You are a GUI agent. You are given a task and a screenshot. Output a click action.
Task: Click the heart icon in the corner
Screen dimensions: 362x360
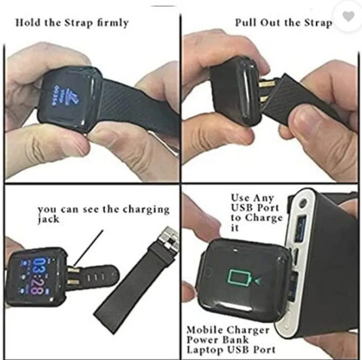[x=348, y=17]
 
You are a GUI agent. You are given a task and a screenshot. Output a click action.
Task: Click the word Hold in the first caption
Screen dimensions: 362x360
[x=29, y=23]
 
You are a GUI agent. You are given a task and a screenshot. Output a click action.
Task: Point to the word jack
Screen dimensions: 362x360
[x=48, y=219]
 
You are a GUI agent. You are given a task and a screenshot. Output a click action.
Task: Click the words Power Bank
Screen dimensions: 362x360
[x=218, y=340]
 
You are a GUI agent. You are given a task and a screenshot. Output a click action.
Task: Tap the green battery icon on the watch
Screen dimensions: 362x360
[x=239, y=277]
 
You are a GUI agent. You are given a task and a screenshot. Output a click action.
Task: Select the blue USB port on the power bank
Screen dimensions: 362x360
[x=301, y=229]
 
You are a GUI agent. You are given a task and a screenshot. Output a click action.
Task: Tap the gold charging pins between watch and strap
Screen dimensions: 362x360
[x=266, y=91]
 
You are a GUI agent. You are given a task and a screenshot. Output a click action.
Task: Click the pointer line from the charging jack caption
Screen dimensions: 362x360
[x=88, y=248]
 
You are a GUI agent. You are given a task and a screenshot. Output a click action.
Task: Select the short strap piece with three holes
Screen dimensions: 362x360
[x=97, y=276]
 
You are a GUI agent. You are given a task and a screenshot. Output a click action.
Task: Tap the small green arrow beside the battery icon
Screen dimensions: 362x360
[x=258, y=280]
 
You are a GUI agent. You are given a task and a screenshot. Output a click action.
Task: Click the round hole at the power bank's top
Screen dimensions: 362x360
[x=303, y=202]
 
